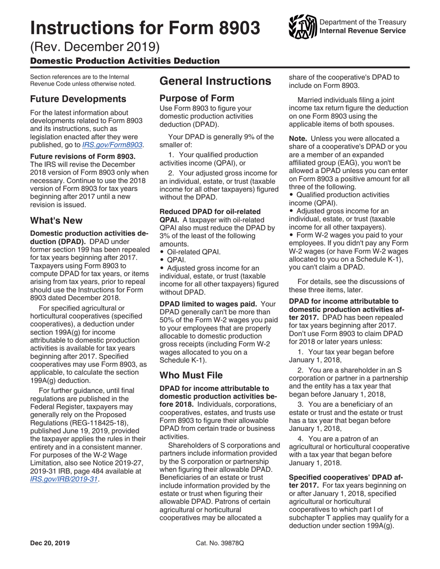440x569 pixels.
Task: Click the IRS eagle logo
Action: (x=302, y=27)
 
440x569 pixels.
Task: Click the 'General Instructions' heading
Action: (x=215, y=81)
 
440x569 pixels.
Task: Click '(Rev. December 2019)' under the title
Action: (x=95, y=47)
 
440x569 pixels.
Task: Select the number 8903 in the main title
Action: (x=233, y=28)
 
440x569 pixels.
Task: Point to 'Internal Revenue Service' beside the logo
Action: (x=363, y=31)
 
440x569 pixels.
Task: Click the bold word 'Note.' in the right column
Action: (x=299, y=139)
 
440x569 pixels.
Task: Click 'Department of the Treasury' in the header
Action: (x=363, y=22)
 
